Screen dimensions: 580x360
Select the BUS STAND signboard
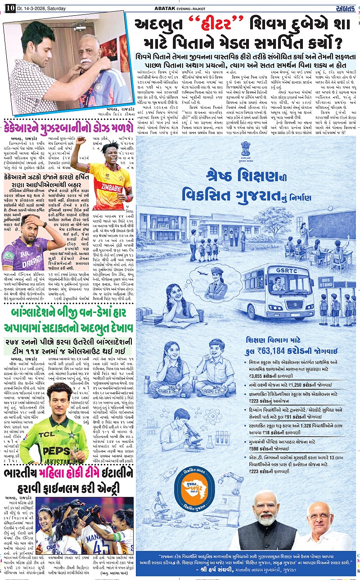tap(325, 282)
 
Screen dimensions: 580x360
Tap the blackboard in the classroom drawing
tap(331, 225)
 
